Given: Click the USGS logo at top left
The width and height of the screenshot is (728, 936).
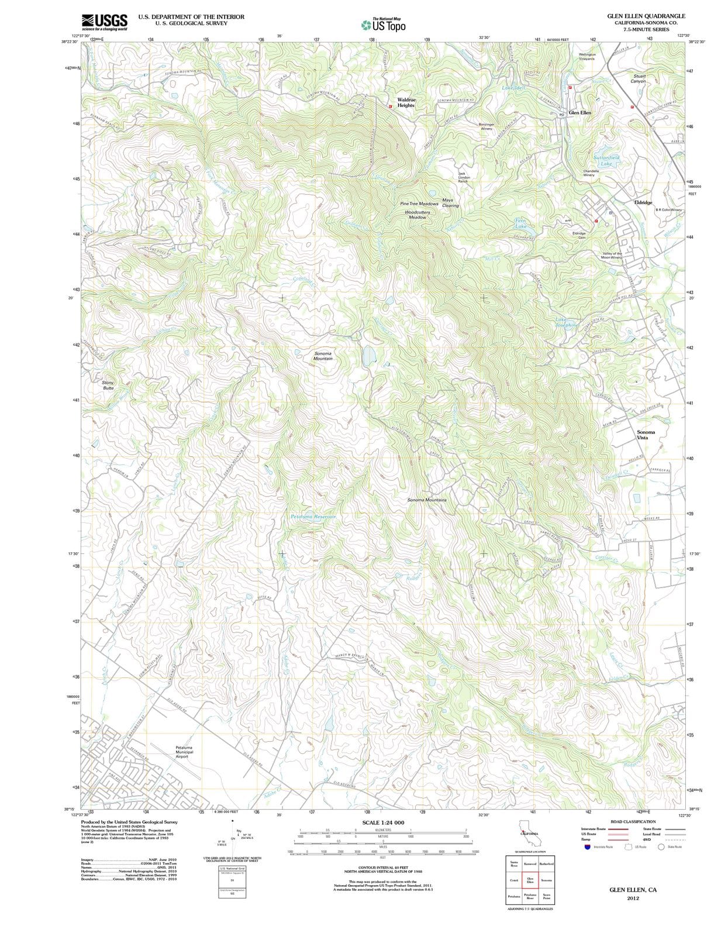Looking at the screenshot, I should click(104, 22).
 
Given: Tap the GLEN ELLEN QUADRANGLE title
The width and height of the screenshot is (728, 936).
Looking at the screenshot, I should click(646, 16).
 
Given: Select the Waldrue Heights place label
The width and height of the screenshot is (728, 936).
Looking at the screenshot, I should click(406, 102).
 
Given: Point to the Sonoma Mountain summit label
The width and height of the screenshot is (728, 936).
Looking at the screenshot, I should click(323, 356).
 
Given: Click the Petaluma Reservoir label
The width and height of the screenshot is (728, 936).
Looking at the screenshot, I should click(313, 517).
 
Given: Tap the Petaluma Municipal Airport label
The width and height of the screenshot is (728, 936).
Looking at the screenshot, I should click(184, 752).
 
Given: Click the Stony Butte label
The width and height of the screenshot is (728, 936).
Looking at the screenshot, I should click(108, 385).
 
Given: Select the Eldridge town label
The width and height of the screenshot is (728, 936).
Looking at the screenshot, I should click(643, 202).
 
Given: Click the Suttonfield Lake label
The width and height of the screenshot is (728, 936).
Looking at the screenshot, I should click(606, 160).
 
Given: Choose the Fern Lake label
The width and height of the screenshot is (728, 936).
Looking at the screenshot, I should click(520, 223).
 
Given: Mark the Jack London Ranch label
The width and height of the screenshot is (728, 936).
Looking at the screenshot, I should click(463, 177).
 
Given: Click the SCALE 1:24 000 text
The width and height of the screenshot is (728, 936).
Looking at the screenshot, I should click(383, 823).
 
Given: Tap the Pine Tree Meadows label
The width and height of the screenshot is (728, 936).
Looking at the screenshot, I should click(419, 204).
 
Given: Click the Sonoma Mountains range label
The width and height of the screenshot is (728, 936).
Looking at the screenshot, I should click(427, 500).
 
